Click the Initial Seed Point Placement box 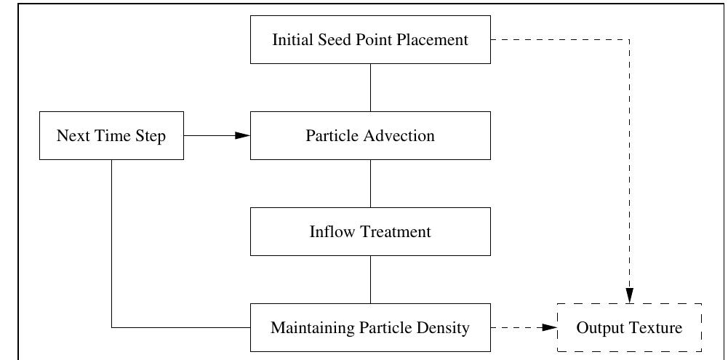coord(370,39)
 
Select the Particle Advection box coord(370,135)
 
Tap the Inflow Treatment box coord(370,231)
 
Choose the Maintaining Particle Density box coord(370,327)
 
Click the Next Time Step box coord(111,135)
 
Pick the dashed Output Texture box coord(629,327)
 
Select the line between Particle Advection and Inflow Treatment coord(371,183)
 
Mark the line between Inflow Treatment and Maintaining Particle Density coord(371,279)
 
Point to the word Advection coord(399,136)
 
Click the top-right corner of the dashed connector coord(629,39)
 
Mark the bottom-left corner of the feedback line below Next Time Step coord(111,327)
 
